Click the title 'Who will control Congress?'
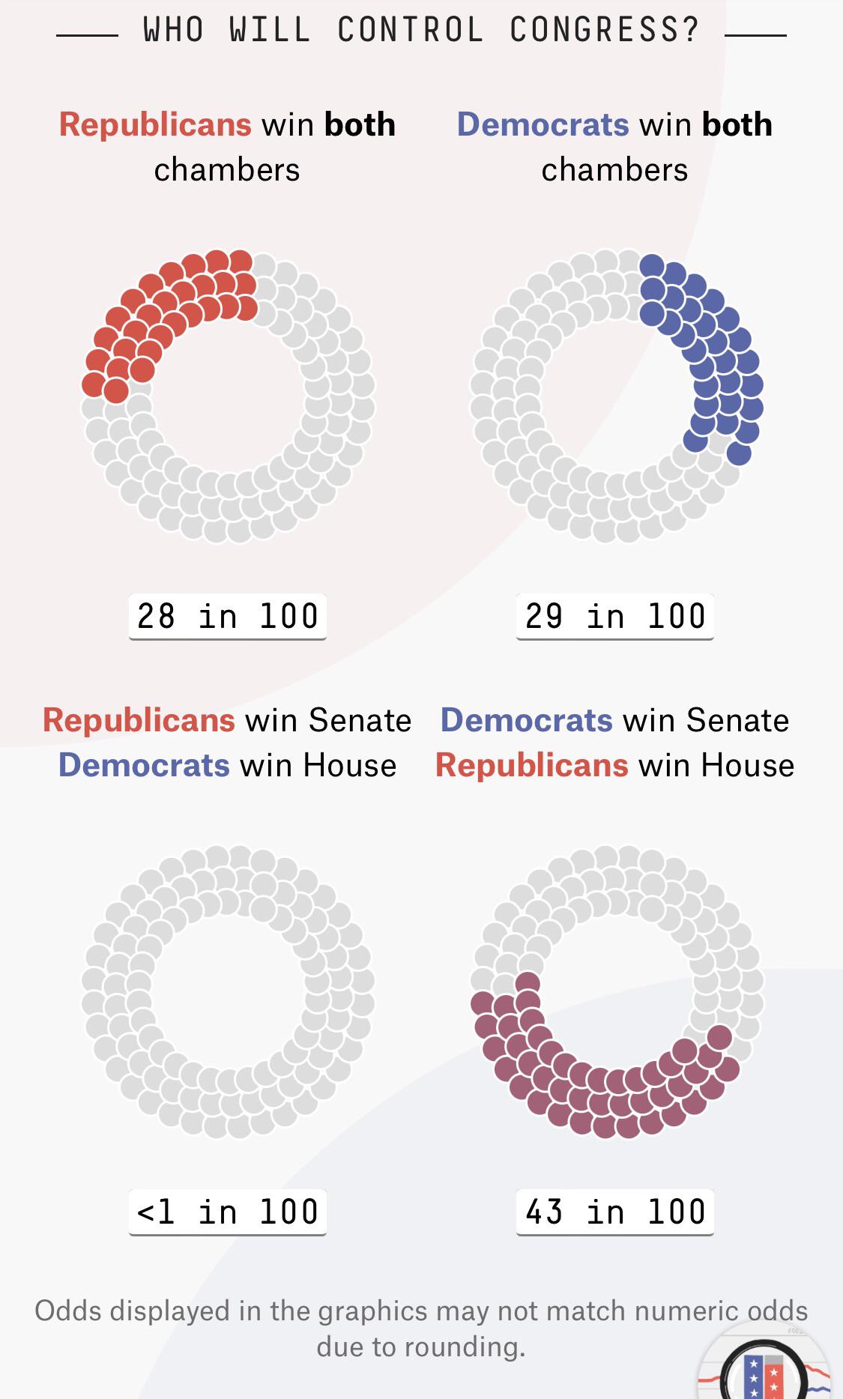click(x=421, y=31)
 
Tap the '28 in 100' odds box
click(x=228, y=616)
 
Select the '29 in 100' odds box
click(x=615, y=616)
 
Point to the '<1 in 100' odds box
click(x=228, y=1212)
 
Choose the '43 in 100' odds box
click(x=615, y=1212)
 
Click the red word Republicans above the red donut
click(x=155, y=124)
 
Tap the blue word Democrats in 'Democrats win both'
click(x=543, y=124)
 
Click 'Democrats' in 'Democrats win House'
click(x=144, y=765)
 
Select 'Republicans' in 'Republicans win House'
click(x=531, y=765)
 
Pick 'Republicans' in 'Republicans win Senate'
click(x=139, y=720)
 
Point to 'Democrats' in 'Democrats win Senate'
click(x=526, y=720)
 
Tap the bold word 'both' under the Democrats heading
click(x=737, y=124)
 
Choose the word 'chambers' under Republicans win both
click(x=227, y=169)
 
